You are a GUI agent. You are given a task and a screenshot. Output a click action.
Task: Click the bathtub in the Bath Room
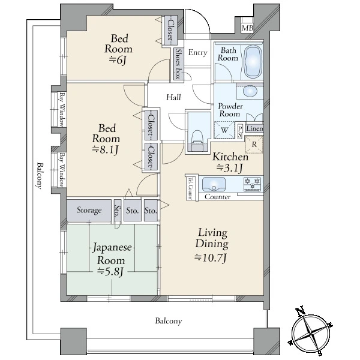253,61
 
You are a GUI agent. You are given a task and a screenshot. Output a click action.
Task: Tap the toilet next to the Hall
197,140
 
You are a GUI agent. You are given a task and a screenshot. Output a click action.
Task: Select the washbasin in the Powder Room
250,92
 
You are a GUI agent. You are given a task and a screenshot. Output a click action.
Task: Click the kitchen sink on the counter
214,184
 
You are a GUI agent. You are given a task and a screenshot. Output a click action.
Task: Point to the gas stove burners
253,184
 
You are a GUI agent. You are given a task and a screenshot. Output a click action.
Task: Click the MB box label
247,28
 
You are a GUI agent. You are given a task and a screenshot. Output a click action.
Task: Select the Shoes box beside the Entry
178,65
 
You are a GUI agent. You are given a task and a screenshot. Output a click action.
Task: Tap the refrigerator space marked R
254,145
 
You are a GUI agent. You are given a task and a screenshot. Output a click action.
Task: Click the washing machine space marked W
224,130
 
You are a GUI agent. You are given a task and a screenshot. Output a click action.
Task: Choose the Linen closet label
254,128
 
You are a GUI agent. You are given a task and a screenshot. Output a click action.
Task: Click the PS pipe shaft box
240,131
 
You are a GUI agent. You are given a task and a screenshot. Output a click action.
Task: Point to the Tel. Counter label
190,188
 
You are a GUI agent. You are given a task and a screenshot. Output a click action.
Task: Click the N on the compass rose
301,311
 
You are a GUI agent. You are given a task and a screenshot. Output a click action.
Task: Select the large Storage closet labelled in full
89,210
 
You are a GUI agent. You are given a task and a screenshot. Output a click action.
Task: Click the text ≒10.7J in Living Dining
211,257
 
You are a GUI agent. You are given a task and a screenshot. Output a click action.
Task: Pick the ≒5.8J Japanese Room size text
110,271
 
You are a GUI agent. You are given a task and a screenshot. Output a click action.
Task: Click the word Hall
173,97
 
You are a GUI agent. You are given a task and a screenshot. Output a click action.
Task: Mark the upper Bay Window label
62,110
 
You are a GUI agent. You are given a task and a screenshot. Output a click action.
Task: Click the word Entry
197,53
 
